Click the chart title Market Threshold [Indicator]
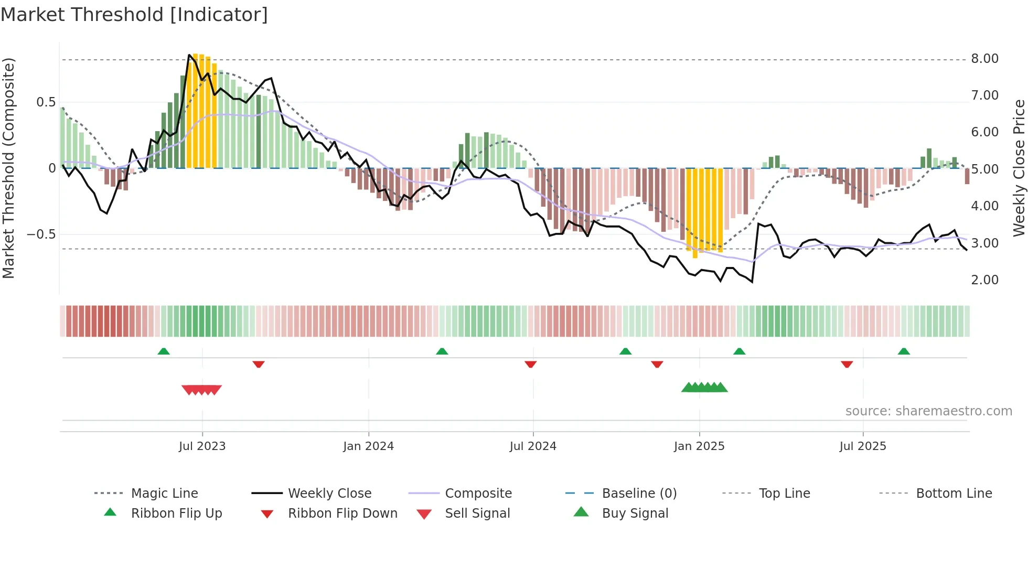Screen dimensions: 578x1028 (134, 15)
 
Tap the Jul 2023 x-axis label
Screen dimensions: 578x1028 (202, 446)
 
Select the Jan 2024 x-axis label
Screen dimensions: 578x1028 (368, 446)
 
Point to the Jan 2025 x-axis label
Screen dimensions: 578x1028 (699, 446)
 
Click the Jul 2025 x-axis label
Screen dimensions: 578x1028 (862, 446)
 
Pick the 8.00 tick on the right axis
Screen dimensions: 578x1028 (984, 59)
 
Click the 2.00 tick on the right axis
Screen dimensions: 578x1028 (984, 280)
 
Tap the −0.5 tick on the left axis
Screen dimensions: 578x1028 (41, 234)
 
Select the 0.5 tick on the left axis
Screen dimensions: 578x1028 (46, 102)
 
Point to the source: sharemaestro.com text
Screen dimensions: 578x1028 (928, 411)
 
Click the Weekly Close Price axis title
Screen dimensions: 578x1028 (1019, 168)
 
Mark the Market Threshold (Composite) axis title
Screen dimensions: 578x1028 (8, 168)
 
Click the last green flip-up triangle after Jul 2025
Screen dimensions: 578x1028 (903, 351)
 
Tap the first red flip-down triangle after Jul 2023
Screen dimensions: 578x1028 (258, 364)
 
